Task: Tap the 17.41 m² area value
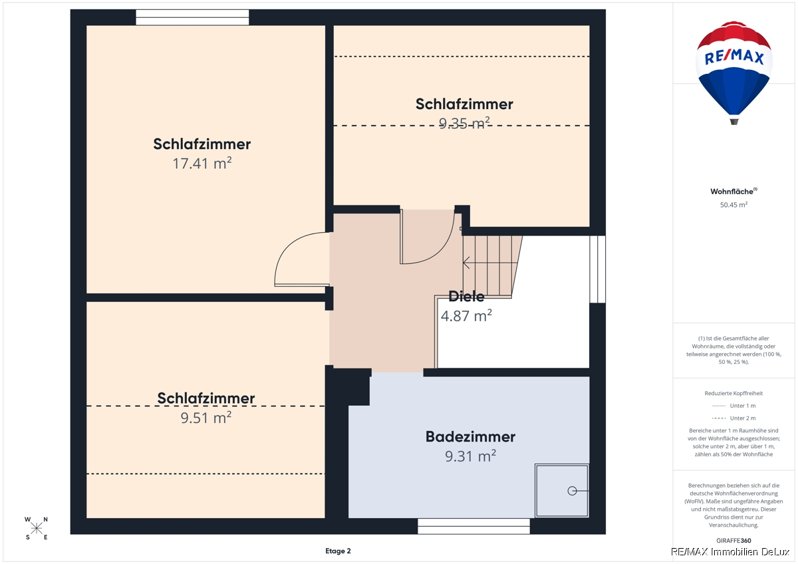click(202, 163)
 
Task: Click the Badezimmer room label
click(470, 437)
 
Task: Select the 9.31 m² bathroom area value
click(470, 456)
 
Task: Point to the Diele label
click(466, 297)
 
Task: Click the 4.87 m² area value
click(466, 316)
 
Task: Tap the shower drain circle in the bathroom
click(572, 491)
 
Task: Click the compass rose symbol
click(37, 528)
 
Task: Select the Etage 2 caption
click(338, 551)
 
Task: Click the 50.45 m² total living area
click(733, 204)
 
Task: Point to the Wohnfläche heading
click(733, 192)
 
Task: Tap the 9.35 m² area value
click(464, 123)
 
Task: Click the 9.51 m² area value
click(206, 418)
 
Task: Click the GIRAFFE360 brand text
click(733, 541)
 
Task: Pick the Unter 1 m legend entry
click(733, 406)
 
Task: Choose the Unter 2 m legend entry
click(733, 418)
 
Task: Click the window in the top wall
click(192, 17)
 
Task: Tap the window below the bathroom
click(473, 526)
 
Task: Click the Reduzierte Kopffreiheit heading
click(733, 393)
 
